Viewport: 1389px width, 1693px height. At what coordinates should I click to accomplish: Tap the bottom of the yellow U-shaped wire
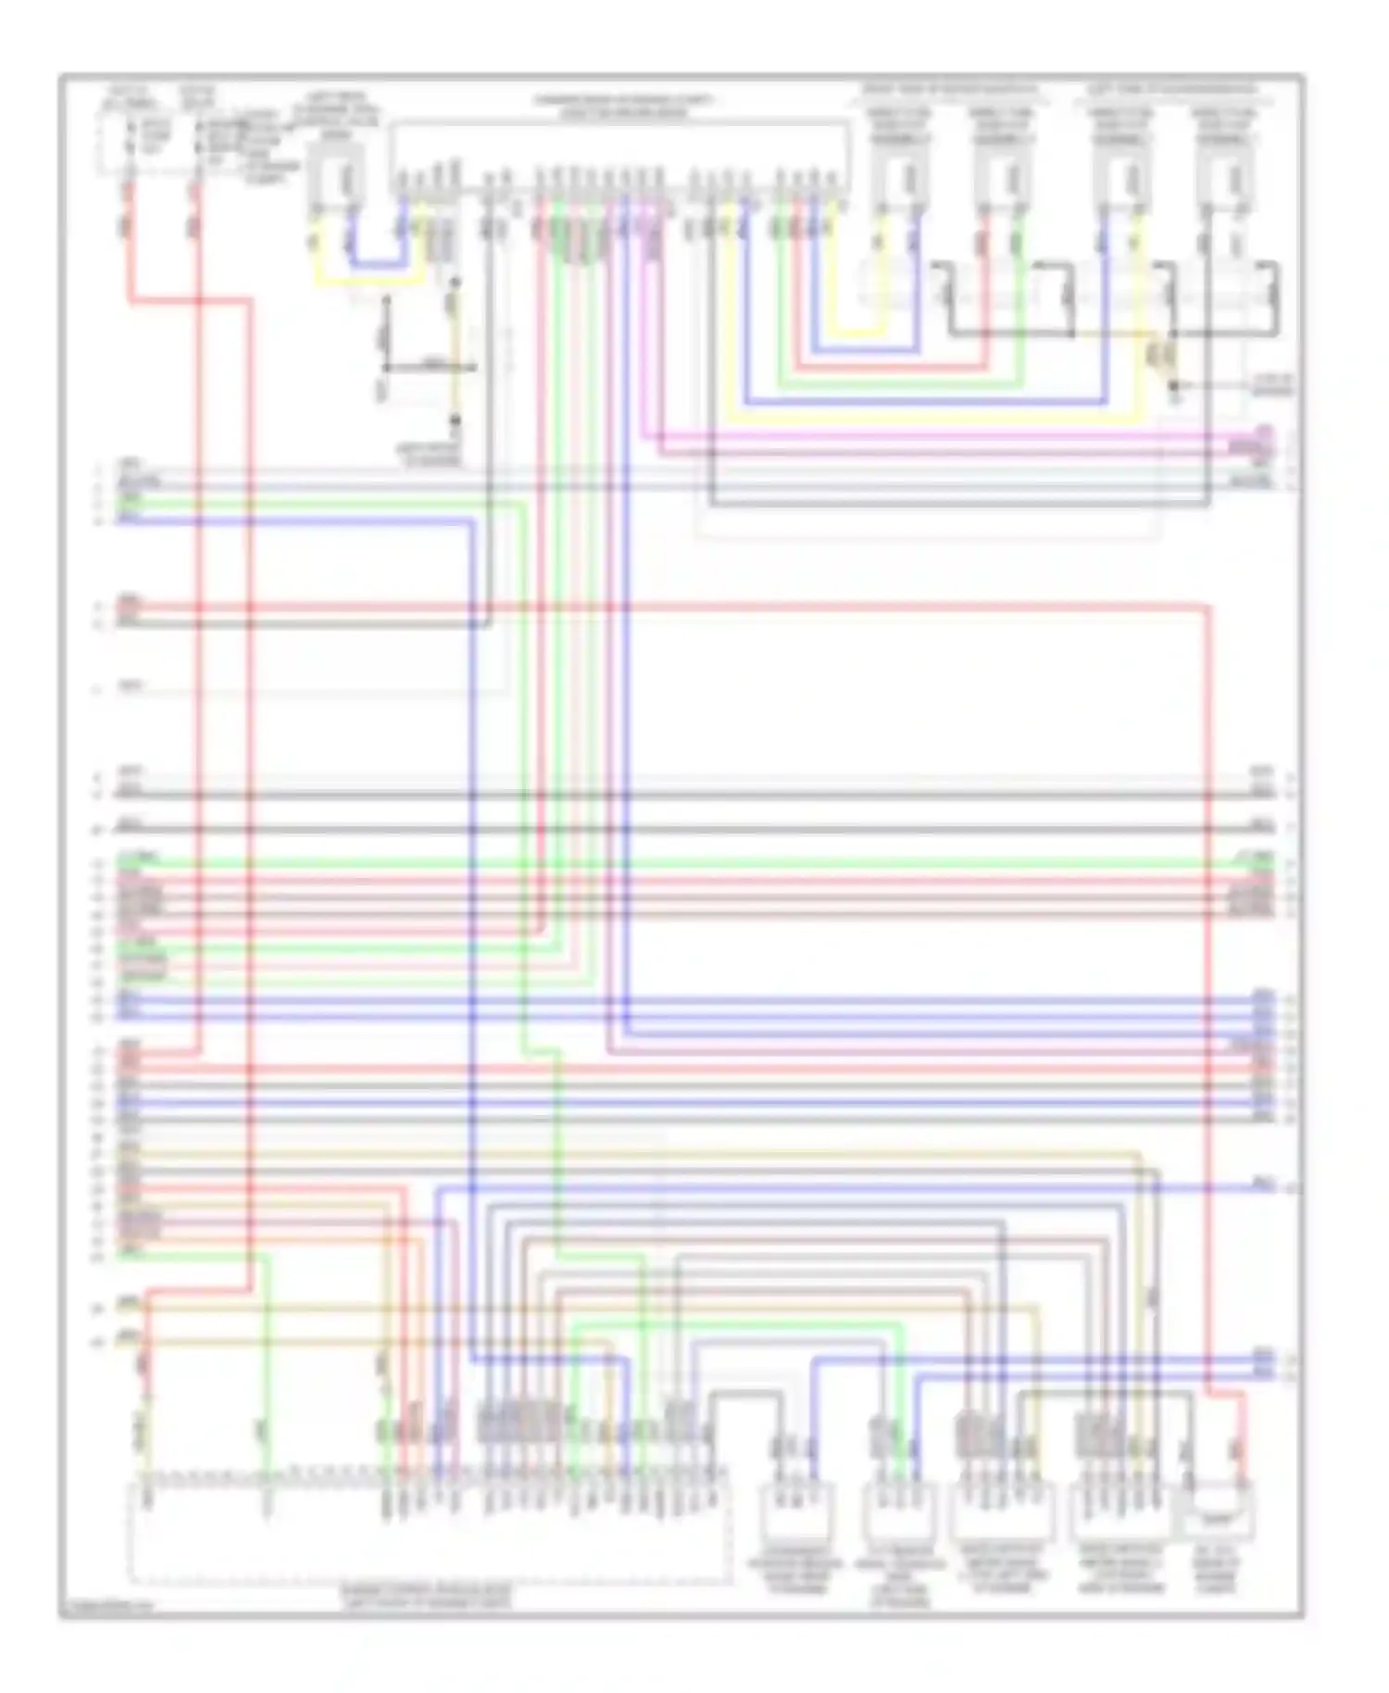tap(370, 281)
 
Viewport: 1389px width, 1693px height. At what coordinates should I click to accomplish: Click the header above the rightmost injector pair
tap(1171, 90)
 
